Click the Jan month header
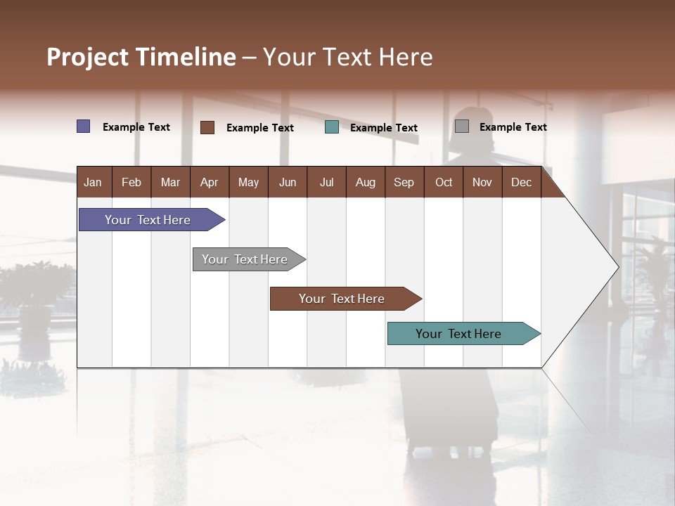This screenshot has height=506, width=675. coord(94,182)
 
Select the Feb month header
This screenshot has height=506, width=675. coord(131,182)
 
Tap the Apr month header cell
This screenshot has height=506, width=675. coord(209,182)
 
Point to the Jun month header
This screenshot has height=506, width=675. coord(288,182)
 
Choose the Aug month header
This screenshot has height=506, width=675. coord(365,182)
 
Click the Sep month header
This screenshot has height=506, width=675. coord(404,182)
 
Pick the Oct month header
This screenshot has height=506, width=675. coord(444,182)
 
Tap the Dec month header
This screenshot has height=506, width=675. coord(521,182)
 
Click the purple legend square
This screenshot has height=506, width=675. coord(84,126)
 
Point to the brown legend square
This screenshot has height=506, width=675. coord(207,127)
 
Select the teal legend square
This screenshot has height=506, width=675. coord(332,127)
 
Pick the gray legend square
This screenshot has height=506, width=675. coord(462,126)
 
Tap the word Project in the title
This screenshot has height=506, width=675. coord(87,57)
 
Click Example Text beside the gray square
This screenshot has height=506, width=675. coord(513,127)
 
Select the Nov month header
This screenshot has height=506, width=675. coord(482,182)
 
